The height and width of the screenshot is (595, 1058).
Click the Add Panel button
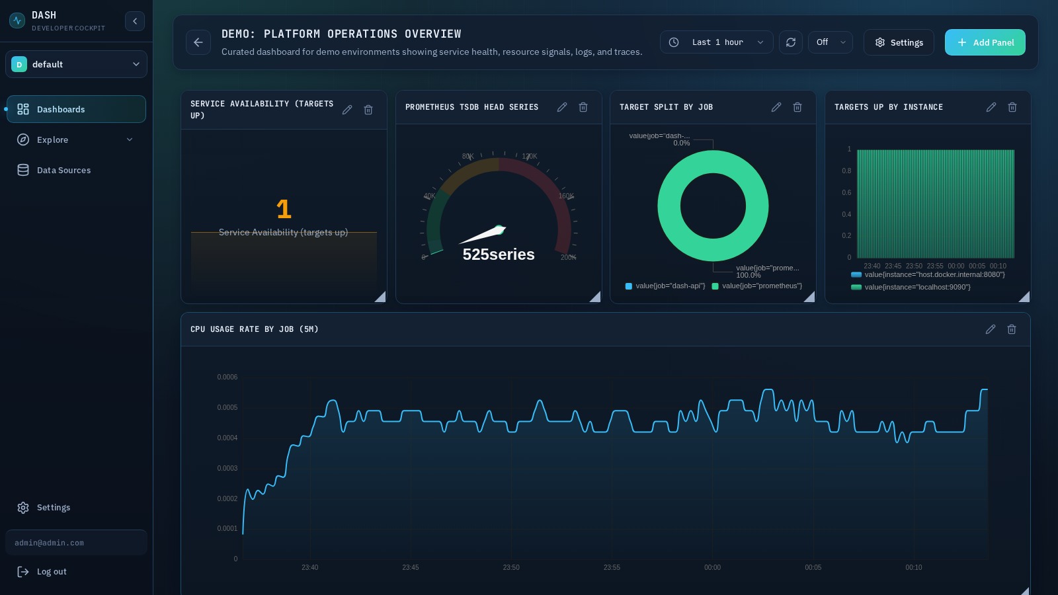[x=985, y=42]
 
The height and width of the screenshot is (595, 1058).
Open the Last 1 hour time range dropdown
[x=716, y=42]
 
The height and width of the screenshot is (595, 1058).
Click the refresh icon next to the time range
[x=790, y=42]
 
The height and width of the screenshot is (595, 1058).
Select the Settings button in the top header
[x=899, y=42]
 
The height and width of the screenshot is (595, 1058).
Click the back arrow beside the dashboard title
[x=198, y=42]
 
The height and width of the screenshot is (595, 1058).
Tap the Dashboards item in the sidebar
[x=76, y=109]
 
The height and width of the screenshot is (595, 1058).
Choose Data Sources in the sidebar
[x=63, y=170]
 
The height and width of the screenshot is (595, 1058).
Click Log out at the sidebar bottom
[x=52, y=572]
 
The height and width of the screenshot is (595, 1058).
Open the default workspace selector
[x=76, y=64]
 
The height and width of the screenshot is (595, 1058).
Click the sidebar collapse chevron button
[x=134, y=21]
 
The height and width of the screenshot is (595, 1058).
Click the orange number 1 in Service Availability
[x=284, y=210]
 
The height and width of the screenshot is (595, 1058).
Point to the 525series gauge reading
[x=498, y=255]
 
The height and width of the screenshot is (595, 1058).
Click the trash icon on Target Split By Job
[x=797, y=107]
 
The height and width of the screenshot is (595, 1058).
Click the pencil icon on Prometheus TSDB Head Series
[x=562, y=107]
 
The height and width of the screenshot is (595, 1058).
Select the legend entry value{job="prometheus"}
[x=761, y=286]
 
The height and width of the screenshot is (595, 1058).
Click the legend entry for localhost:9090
[x=916, y=287]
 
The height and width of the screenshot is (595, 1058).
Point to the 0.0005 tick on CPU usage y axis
[x=227, y=407]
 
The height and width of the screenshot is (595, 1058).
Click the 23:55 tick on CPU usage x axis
[x=612, y=567]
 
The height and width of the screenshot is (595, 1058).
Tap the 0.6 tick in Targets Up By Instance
[x=846, y=192]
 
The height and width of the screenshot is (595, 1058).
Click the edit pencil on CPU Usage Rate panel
[x=990, y=329]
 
